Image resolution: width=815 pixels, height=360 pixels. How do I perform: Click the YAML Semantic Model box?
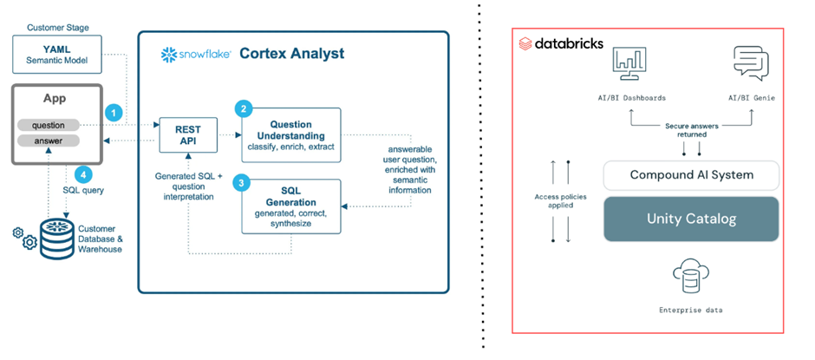pyautogui.click(x=57, y=54)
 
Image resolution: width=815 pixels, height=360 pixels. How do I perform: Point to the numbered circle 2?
pyautogui.click(x=244, y=108)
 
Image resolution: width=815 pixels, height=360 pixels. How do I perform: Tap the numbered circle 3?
pyautogui.click(x=244, y=183)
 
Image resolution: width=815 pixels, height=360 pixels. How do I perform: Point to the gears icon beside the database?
pyautogui.click(x=25, y=237)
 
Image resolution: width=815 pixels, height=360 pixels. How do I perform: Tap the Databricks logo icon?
pyautogui.click(x=525, y=43)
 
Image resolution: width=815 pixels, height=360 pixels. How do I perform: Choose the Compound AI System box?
pyautogui.click(x=691, y=175)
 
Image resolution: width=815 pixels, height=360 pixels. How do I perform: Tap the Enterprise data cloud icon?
pyautogui.click(x=691, y=277)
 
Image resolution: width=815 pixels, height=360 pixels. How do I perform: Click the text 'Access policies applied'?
pyautogui.click(x=560, y=202)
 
